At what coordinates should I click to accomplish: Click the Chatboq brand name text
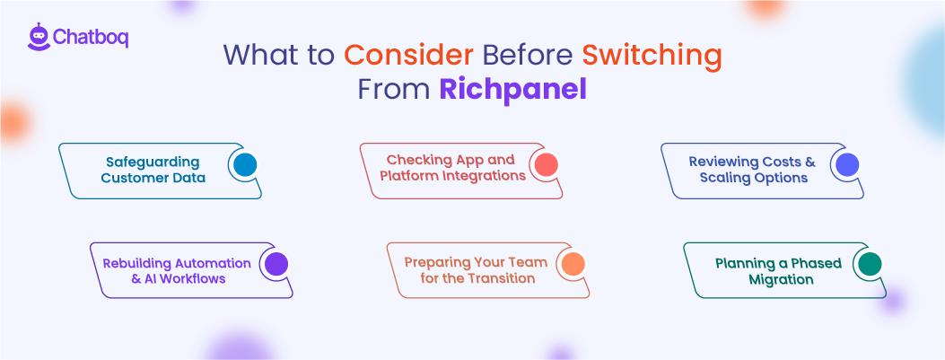click(90, 38)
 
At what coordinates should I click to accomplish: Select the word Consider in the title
click(408, 55)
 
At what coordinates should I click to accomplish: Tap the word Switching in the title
click(652, 55)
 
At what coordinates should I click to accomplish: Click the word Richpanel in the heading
click(512, 90)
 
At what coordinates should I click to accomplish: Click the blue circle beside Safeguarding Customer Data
click(244, 165)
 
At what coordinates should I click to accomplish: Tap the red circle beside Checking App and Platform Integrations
click(545, 164)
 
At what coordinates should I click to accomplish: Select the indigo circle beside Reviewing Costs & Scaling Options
click(845, 164)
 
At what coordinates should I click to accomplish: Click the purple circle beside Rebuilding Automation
click(276, 264)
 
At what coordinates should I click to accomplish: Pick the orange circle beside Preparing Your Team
click(572, 264)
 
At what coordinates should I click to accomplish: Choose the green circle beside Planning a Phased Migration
click(869, 264)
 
